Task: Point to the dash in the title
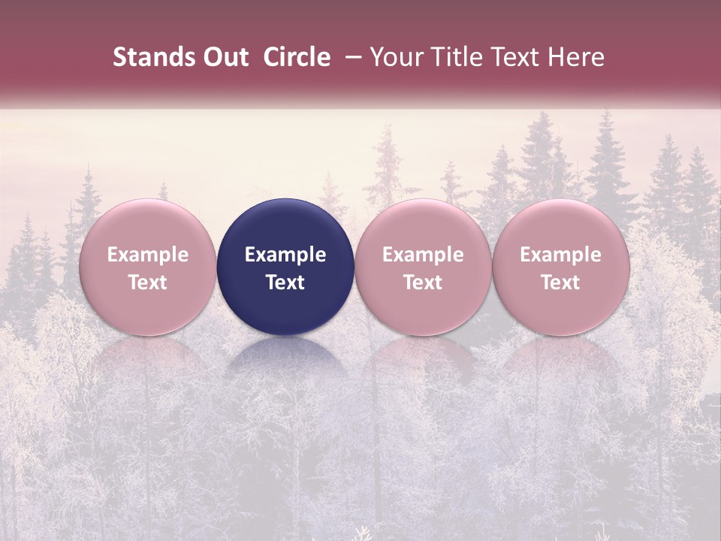[350, 58]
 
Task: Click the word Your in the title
[396, 58]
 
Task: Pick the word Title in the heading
[458, 58]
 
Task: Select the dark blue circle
[285, 267]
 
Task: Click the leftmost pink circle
[148, 267]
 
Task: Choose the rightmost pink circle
[560, 267]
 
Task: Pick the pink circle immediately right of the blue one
[423, 267]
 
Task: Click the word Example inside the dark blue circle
[285, 255]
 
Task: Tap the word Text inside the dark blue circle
[285, 283]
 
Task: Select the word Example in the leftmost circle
[148, 255]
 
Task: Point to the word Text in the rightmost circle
[560, 283]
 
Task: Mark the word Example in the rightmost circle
[560, 255]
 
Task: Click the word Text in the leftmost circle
[148, 283]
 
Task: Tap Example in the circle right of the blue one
[423, 255]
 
